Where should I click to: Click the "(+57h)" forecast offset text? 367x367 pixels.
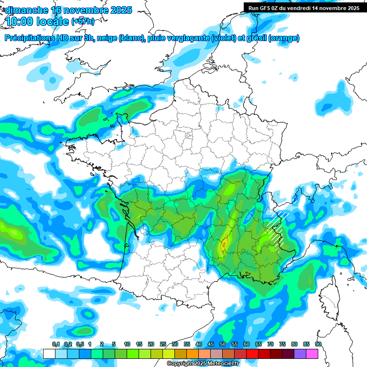tap(83, 22)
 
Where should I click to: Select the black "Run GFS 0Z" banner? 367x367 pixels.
tap(303, 8)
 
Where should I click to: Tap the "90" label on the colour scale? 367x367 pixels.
tap(318, 345)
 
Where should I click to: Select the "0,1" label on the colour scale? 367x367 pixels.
tap(55, 345)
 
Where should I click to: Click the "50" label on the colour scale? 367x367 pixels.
tap(223, 345)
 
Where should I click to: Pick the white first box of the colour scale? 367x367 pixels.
tap(49, 354)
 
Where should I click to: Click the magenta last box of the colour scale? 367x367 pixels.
tap(312, 354)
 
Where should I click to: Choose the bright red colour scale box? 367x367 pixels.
tap(252, 354)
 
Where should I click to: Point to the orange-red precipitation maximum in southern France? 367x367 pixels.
tap(223, 246)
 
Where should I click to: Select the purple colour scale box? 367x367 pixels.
tap(300, 354)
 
